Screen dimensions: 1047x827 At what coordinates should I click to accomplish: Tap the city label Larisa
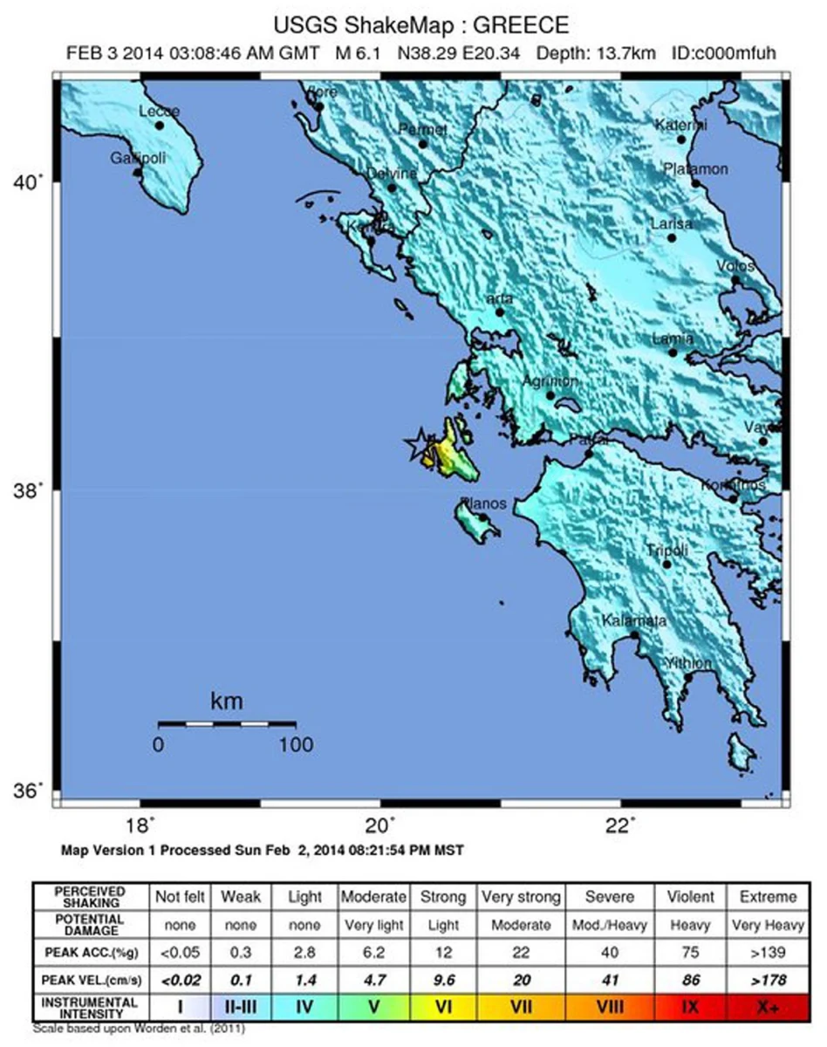672,224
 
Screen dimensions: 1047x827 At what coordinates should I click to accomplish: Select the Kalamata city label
635,620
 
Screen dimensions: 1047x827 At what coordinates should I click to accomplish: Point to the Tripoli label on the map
667,551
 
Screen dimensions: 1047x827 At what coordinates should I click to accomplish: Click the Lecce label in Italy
160,112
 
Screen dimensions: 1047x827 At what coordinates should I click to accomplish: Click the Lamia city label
673,339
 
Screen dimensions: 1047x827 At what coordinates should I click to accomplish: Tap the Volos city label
735,266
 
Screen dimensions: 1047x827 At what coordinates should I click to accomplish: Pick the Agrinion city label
550,381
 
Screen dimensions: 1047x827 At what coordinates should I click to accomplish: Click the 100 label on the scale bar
296,744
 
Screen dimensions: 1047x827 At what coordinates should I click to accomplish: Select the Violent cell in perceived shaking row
691,897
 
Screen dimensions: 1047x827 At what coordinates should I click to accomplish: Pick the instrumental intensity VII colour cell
522,1006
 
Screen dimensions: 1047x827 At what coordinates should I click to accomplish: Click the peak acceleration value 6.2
373,952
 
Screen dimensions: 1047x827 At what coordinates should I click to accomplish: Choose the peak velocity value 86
690,979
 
